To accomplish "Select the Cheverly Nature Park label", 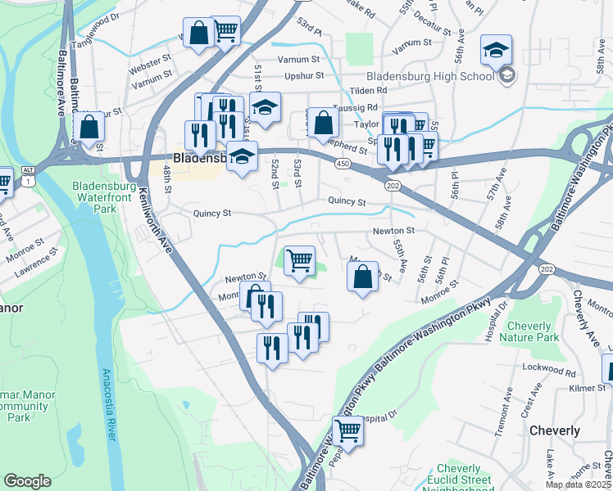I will [x=530, y=331].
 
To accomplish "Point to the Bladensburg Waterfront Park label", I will [x=105, y=197].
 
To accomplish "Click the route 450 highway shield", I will [x=343, y=164].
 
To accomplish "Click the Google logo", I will [x=28, y=481].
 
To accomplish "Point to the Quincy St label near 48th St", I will [x=212, y=214].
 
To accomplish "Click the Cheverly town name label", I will [x=555, y=430].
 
